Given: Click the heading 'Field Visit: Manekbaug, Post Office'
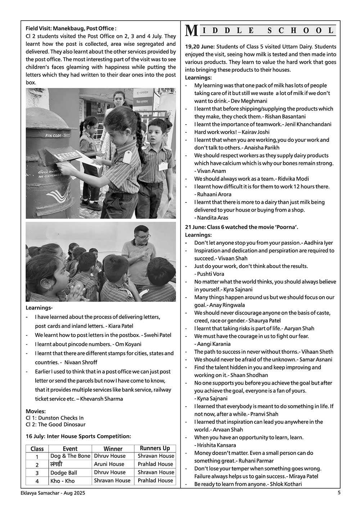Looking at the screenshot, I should coord(71,28).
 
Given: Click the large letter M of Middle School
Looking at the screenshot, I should coord(191,31).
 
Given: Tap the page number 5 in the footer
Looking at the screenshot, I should coord(339,492).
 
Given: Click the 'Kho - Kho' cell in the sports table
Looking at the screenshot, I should coord(63,481).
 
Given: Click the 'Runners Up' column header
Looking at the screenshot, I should coord(155,448).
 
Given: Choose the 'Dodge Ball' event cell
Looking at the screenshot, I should coord(64,473).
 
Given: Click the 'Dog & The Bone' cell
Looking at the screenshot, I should coord(70,456).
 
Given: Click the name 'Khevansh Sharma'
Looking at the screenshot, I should coord(102,399).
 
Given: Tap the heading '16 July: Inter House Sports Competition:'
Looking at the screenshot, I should coord(78,436).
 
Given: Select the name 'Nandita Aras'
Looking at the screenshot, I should coord(213,218).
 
